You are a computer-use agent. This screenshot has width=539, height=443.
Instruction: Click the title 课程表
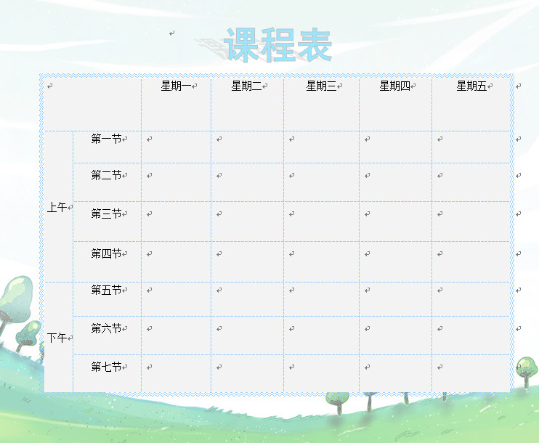point(279,45)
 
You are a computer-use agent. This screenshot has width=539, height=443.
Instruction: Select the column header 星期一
point(176,86)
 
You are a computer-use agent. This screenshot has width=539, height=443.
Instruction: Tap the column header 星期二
point(246,86)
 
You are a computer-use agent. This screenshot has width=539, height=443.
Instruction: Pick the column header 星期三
point(321,86)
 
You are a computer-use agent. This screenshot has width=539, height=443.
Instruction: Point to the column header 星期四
point(394,86)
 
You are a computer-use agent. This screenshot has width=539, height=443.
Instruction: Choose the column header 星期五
point(471,86)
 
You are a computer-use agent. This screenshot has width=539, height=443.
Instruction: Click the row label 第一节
point(106,139)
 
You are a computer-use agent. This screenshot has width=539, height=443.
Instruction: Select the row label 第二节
point(106,175)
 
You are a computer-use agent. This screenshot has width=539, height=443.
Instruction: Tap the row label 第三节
point(106,214)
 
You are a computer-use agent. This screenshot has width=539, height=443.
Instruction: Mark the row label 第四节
point(106,253)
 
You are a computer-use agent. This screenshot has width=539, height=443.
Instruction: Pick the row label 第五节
point(106,290)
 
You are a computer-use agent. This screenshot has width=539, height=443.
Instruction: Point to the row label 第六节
point(106,329)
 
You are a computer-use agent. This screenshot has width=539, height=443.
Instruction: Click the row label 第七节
point(106,367)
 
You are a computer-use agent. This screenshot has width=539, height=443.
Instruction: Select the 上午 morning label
point(57,208)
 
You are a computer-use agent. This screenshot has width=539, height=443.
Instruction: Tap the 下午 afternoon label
point(57,338)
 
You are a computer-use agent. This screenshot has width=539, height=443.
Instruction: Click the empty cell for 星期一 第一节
point(176,147)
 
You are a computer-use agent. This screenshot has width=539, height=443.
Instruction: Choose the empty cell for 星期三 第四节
point(321,261)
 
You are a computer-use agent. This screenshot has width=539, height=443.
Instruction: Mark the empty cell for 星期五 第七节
point(471,373)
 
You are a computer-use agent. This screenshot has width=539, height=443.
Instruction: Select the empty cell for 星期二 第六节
point(247,335)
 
